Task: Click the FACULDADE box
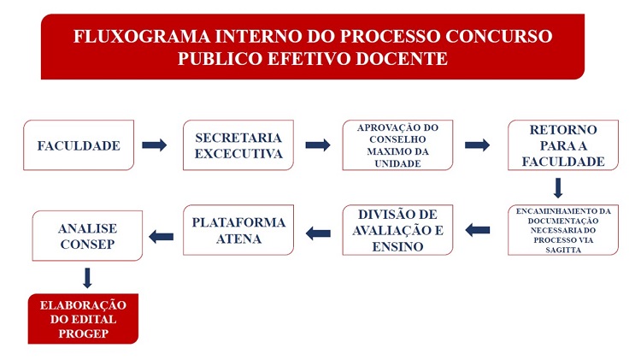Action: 79,145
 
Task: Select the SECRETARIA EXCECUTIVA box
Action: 238,145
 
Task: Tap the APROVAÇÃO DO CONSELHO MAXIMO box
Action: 397,145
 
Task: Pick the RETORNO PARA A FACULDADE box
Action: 563,145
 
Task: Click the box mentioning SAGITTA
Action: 563,230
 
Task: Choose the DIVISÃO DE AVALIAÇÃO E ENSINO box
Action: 397,230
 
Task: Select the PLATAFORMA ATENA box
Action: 238,230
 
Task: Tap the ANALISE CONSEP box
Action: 87,236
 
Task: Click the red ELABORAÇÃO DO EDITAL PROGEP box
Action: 83,319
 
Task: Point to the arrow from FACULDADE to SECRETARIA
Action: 155,145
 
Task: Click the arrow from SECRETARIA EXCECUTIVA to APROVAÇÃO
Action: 318,145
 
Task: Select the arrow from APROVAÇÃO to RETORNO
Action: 477,145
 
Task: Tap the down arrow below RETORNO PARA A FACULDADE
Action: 558,188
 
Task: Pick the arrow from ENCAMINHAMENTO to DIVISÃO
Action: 478,230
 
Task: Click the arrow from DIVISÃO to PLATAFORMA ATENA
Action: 318,233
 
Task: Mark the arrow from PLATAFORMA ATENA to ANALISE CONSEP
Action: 161,237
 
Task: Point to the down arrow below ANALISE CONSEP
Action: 87,278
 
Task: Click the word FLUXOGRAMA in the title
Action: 142,37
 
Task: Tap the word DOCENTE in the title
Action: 402,59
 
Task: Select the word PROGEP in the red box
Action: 84,333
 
